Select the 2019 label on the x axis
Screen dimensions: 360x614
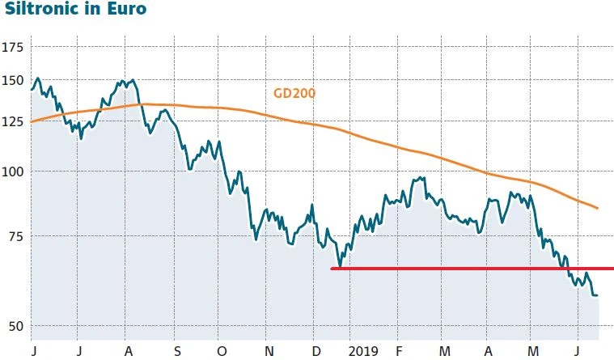(x=364, y=352)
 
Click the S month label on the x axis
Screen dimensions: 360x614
(x=178, y=352)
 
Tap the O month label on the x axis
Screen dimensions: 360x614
(x=223, y=352)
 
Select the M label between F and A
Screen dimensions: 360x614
(x=443, y=352)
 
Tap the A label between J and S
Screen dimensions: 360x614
(x=129, y=352)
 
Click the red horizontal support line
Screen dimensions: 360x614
(x=469, y=268)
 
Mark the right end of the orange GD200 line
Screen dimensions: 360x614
(x=597, y=208)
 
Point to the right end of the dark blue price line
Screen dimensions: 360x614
(x=597, y=295)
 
